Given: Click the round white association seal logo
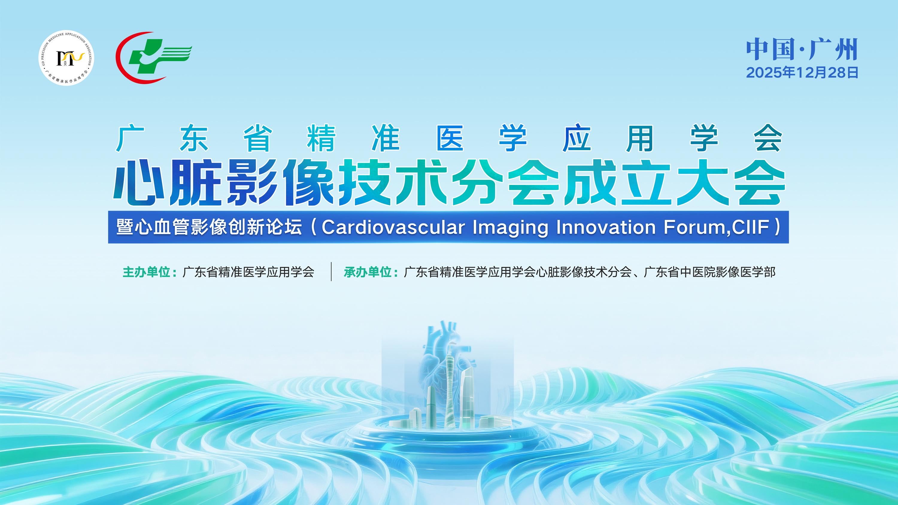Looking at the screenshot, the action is point(66,58).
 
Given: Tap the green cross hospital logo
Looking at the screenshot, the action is point(154,57).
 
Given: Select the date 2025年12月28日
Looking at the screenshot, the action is point(802,72).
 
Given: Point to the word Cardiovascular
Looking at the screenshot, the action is point(393,227).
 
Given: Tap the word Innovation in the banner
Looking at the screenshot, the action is point(606,227).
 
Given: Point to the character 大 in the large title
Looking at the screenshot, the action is point(703,182).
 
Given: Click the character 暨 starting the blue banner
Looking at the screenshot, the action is point(125,227).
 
